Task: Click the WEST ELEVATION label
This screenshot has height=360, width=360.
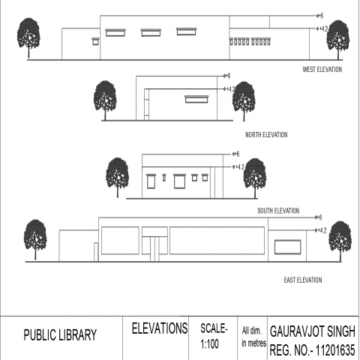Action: (322, 70)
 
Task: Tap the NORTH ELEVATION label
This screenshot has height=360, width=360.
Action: (266, 135)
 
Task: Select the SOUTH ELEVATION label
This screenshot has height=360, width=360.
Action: (278, 211)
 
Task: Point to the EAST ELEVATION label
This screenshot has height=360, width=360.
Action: (303, 280)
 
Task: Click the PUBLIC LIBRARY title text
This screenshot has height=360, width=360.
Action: (60, 335)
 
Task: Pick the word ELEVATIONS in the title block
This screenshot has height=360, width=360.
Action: (160, 328)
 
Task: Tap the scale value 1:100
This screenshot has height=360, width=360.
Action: (209, 344)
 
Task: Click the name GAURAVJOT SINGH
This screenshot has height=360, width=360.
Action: (313, 331)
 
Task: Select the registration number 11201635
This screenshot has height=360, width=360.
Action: (335, 350)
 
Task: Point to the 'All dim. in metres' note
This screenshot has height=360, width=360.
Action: (253, 337)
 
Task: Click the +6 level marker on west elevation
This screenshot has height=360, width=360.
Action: (320, 16)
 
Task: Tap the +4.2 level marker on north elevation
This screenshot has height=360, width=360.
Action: (229, 88)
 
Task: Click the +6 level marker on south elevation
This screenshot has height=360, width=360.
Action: (235, 154)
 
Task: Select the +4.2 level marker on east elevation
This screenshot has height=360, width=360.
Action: (321, 230)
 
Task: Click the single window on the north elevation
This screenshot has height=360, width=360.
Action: (196, 99)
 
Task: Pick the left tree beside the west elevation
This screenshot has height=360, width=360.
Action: (28, 37)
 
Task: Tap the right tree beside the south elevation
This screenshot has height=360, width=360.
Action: (255, 178)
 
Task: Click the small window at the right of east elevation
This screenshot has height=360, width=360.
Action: (287, 247)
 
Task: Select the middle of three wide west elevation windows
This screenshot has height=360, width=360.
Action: (151, 32)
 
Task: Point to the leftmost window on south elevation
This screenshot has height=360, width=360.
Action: (151, 181)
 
